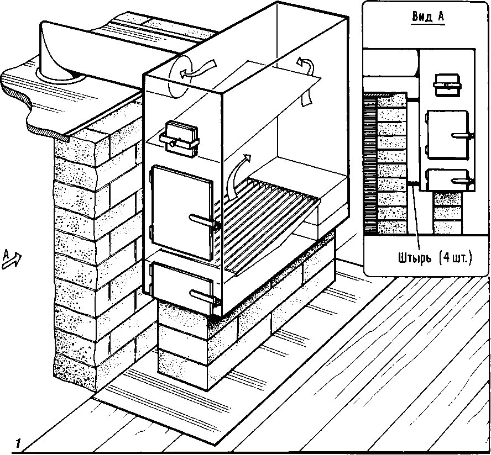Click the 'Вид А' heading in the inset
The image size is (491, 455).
coord(428,16)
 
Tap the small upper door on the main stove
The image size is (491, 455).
coord(178,136)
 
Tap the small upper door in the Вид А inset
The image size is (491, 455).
coord(447,85)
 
